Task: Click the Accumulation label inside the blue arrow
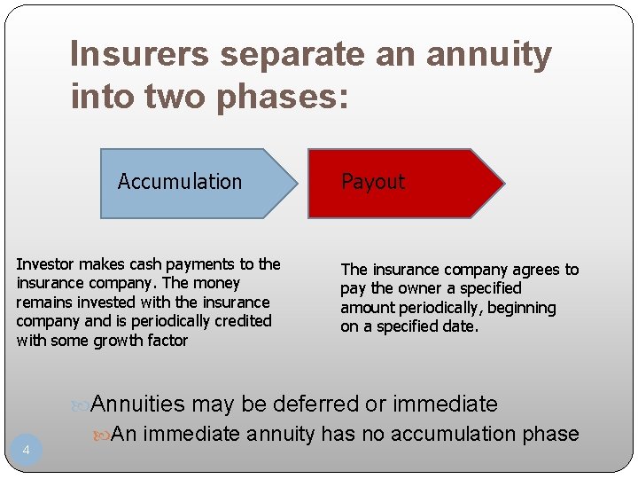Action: (180, 182)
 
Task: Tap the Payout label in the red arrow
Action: (373, 182)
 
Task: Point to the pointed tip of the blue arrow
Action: (296, 184)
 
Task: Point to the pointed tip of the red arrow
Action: (503, 184)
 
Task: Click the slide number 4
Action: (26, 451)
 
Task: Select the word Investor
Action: (47, 263)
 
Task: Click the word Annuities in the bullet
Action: (138, 404)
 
